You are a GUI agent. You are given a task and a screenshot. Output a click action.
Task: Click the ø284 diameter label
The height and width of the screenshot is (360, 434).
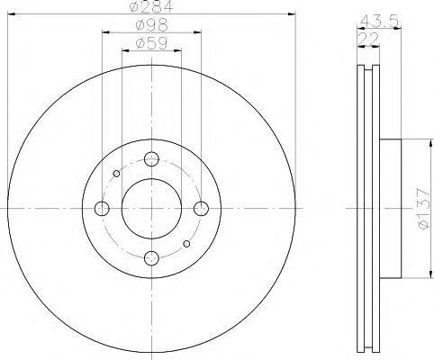151,6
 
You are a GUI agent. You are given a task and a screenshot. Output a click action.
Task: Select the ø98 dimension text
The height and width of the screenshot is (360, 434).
151,25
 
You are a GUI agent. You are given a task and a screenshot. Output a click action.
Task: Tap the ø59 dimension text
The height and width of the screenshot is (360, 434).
151,44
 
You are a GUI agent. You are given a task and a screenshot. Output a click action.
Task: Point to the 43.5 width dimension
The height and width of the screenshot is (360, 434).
379,22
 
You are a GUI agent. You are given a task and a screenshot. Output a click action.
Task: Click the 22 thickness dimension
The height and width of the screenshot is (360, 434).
368,40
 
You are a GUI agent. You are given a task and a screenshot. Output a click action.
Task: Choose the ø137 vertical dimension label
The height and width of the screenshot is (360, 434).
425,209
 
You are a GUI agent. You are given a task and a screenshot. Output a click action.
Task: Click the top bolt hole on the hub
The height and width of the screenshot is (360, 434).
151,158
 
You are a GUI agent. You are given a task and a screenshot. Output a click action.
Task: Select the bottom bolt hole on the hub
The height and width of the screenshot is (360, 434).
151,257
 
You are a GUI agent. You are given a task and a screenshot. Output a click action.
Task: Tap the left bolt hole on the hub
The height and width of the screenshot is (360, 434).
102,209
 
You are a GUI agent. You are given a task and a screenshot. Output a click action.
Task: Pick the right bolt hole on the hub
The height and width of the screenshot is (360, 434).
201,209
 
